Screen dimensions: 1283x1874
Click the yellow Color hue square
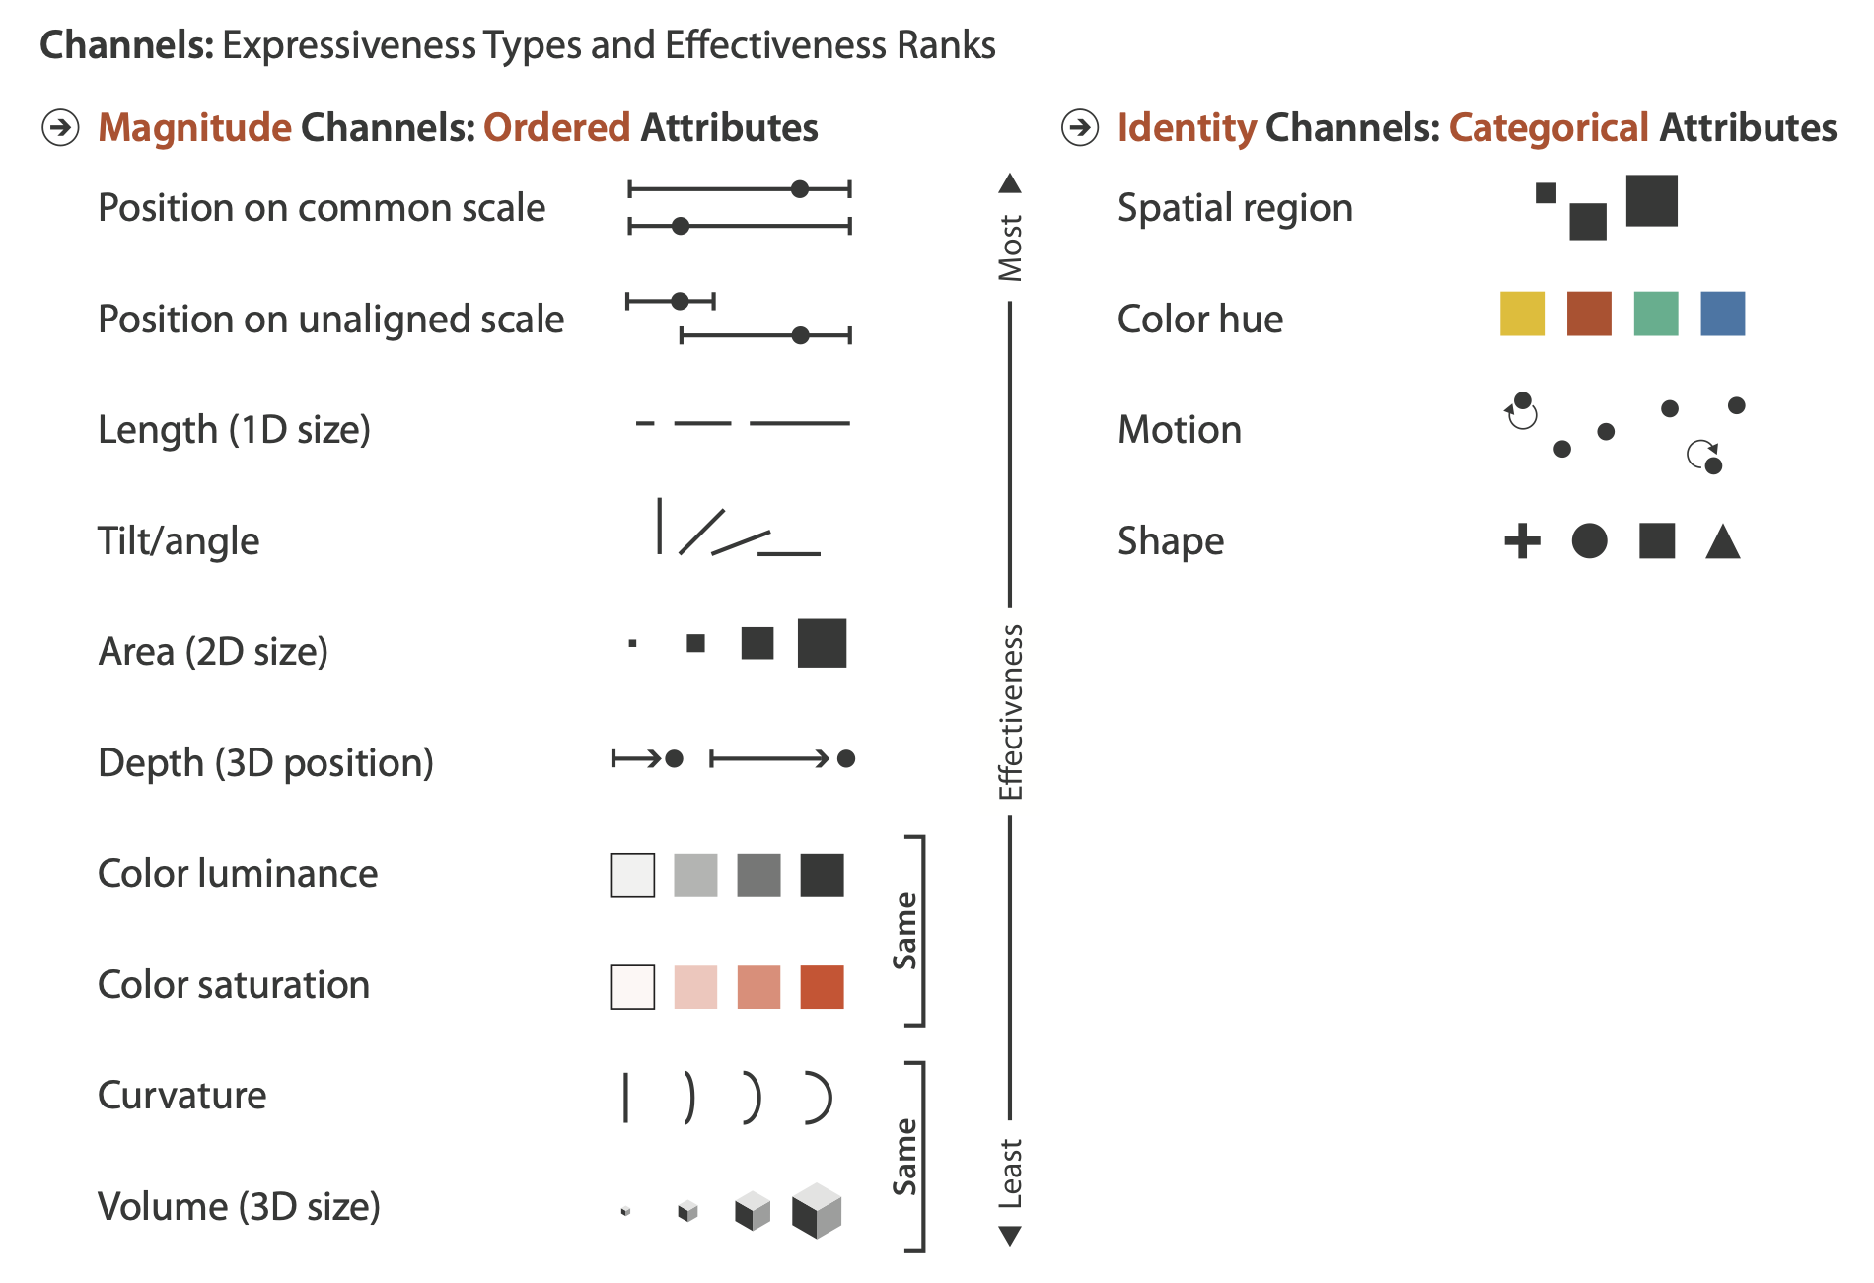pos(1522,314)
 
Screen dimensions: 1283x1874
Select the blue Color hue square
pos(1722,314)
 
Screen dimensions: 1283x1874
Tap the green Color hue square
pos(1655,314)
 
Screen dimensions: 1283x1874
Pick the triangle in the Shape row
pos(1722,542)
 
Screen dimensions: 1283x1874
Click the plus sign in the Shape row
pos(1522,540)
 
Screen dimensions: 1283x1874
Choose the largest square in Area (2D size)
pos(822,643)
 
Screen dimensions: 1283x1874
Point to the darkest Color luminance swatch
pos(822,875)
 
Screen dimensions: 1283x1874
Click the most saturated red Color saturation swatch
pos(822,986)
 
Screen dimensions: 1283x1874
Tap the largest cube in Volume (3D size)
pos(817,1211)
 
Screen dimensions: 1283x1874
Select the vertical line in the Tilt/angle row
pos(659,527)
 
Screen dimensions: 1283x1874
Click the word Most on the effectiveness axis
pos(1010,248)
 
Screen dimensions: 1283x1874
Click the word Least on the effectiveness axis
pos(1010,1174)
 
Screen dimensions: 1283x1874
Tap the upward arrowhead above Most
pos(1010,183)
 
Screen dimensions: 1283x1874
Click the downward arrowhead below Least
pos(1010,1236)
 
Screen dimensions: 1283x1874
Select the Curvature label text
pos(181,1095)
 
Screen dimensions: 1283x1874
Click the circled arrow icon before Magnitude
pos(60,127)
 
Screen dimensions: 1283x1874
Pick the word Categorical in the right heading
pos(1549,127)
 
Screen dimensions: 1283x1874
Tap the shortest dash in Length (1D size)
pos(645,423)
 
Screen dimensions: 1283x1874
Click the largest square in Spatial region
pos(1651,200)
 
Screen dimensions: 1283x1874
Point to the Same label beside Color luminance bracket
pos(904,931)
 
